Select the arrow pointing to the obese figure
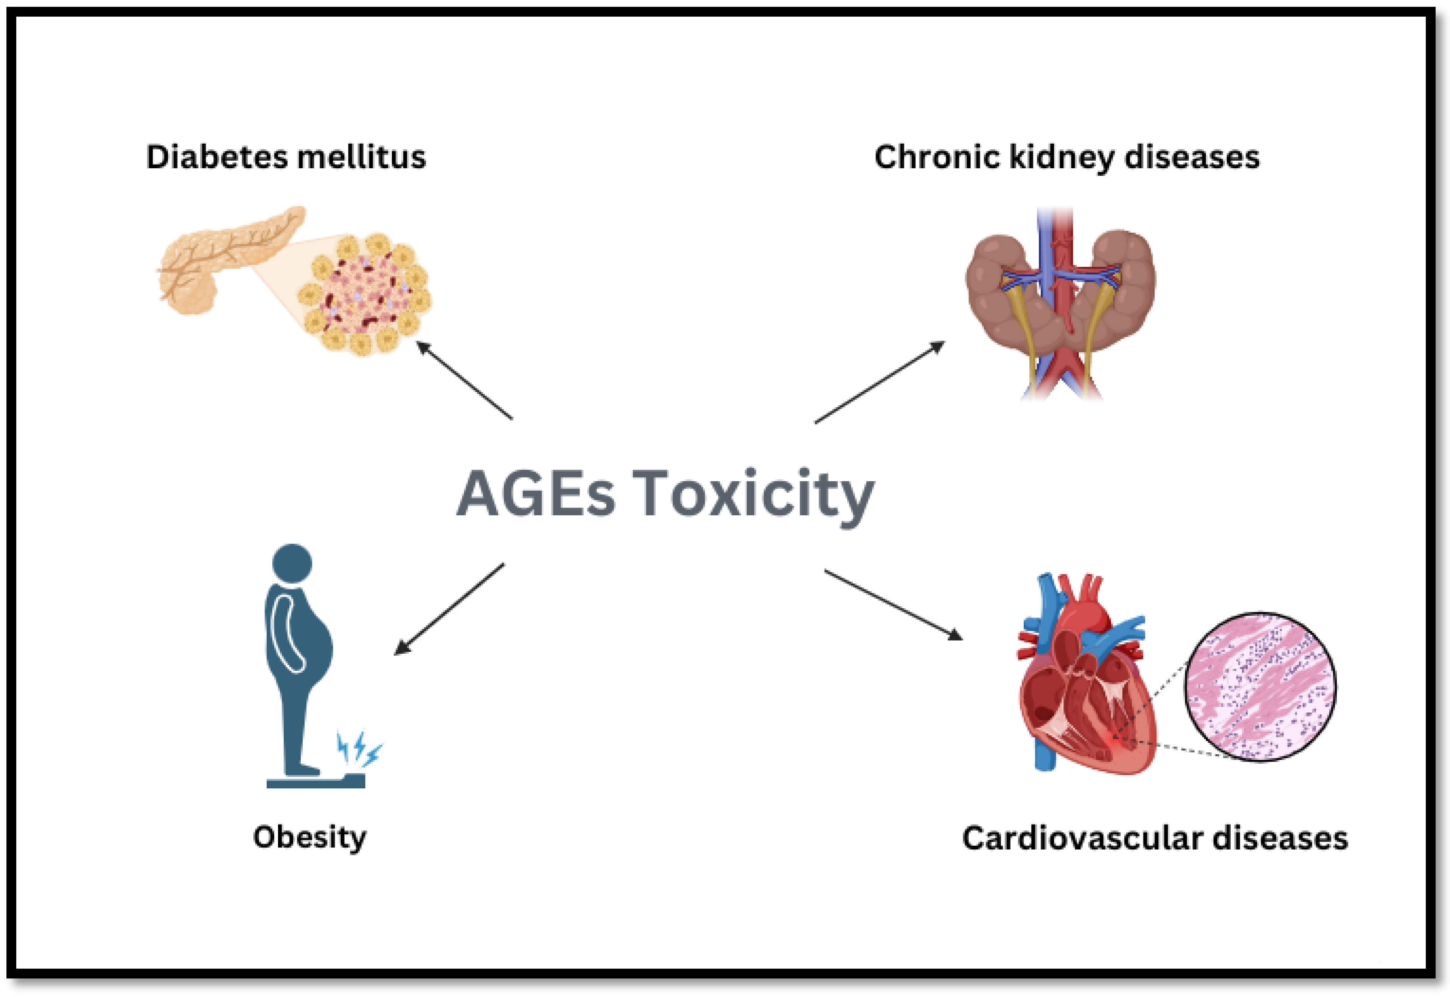click(449, 609)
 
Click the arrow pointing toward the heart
click(894, 605)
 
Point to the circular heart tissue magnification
click(1260, 687)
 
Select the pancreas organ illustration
click(219, 262)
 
